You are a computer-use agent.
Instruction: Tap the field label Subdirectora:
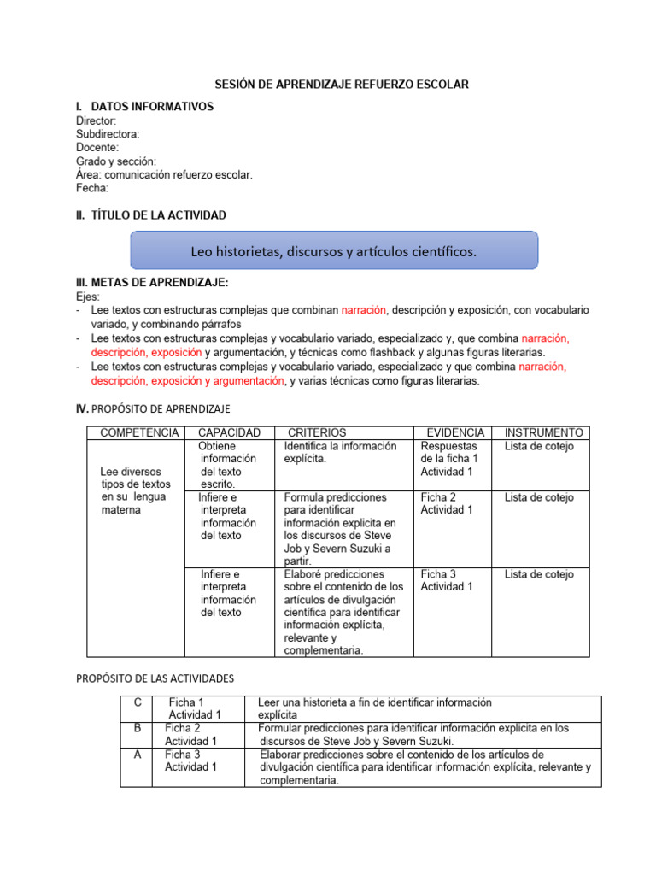point(108,134)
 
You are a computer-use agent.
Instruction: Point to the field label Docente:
point(97,148)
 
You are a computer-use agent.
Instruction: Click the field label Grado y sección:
point(116,161)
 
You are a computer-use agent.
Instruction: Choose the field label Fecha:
point(92,188)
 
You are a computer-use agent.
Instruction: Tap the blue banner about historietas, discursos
point(333,251)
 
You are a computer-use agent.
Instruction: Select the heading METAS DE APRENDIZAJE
point(152,283)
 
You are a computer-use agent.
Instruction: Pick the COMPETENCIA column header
point(139,433)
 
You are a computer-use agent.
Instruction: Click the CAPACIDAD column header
point(229,433)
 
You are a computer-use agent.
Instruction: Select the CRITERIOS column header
point(317,433)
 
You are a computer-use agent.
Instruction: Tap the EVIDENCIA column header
point(455,433)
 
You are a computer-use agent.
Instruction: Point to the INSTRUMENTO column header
point(544,433)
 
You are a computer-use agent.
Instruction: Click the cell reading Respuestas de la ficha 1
point(450,459)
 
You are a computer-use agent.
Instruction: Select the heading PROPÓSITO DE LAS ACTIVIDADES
point(155,678)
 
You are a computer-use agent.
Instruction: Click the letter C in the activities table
point(138,702)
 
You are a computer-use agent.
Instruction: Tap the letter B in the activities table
point(138,729)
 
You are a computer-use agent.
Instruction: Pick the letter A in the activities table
point(138,755)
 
